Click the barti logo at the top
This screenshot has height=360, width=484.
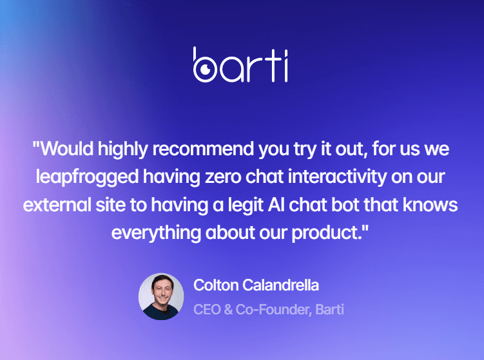click(240, 65)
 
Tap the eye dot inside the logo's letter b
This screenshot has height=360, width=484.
click(205, 69)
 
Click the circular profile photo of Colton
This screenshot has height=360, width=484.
click(161, 296)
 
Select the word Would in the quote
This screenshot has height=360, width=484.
click(67, 149)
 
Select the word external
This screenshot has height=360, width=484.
click(57, 205)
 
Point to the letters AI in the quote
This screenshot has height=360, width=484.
click(276, 205)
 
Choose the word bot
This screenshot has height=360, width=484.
click(345, 205)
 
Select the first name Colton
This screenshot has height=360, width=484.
click(216, 285)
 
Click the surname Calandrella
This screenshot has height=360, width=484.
click(280, 285)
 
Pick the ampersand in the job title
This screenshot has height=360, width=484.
click(228, 309)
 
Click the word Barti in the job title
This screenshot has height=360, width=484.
click(330, 309)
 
